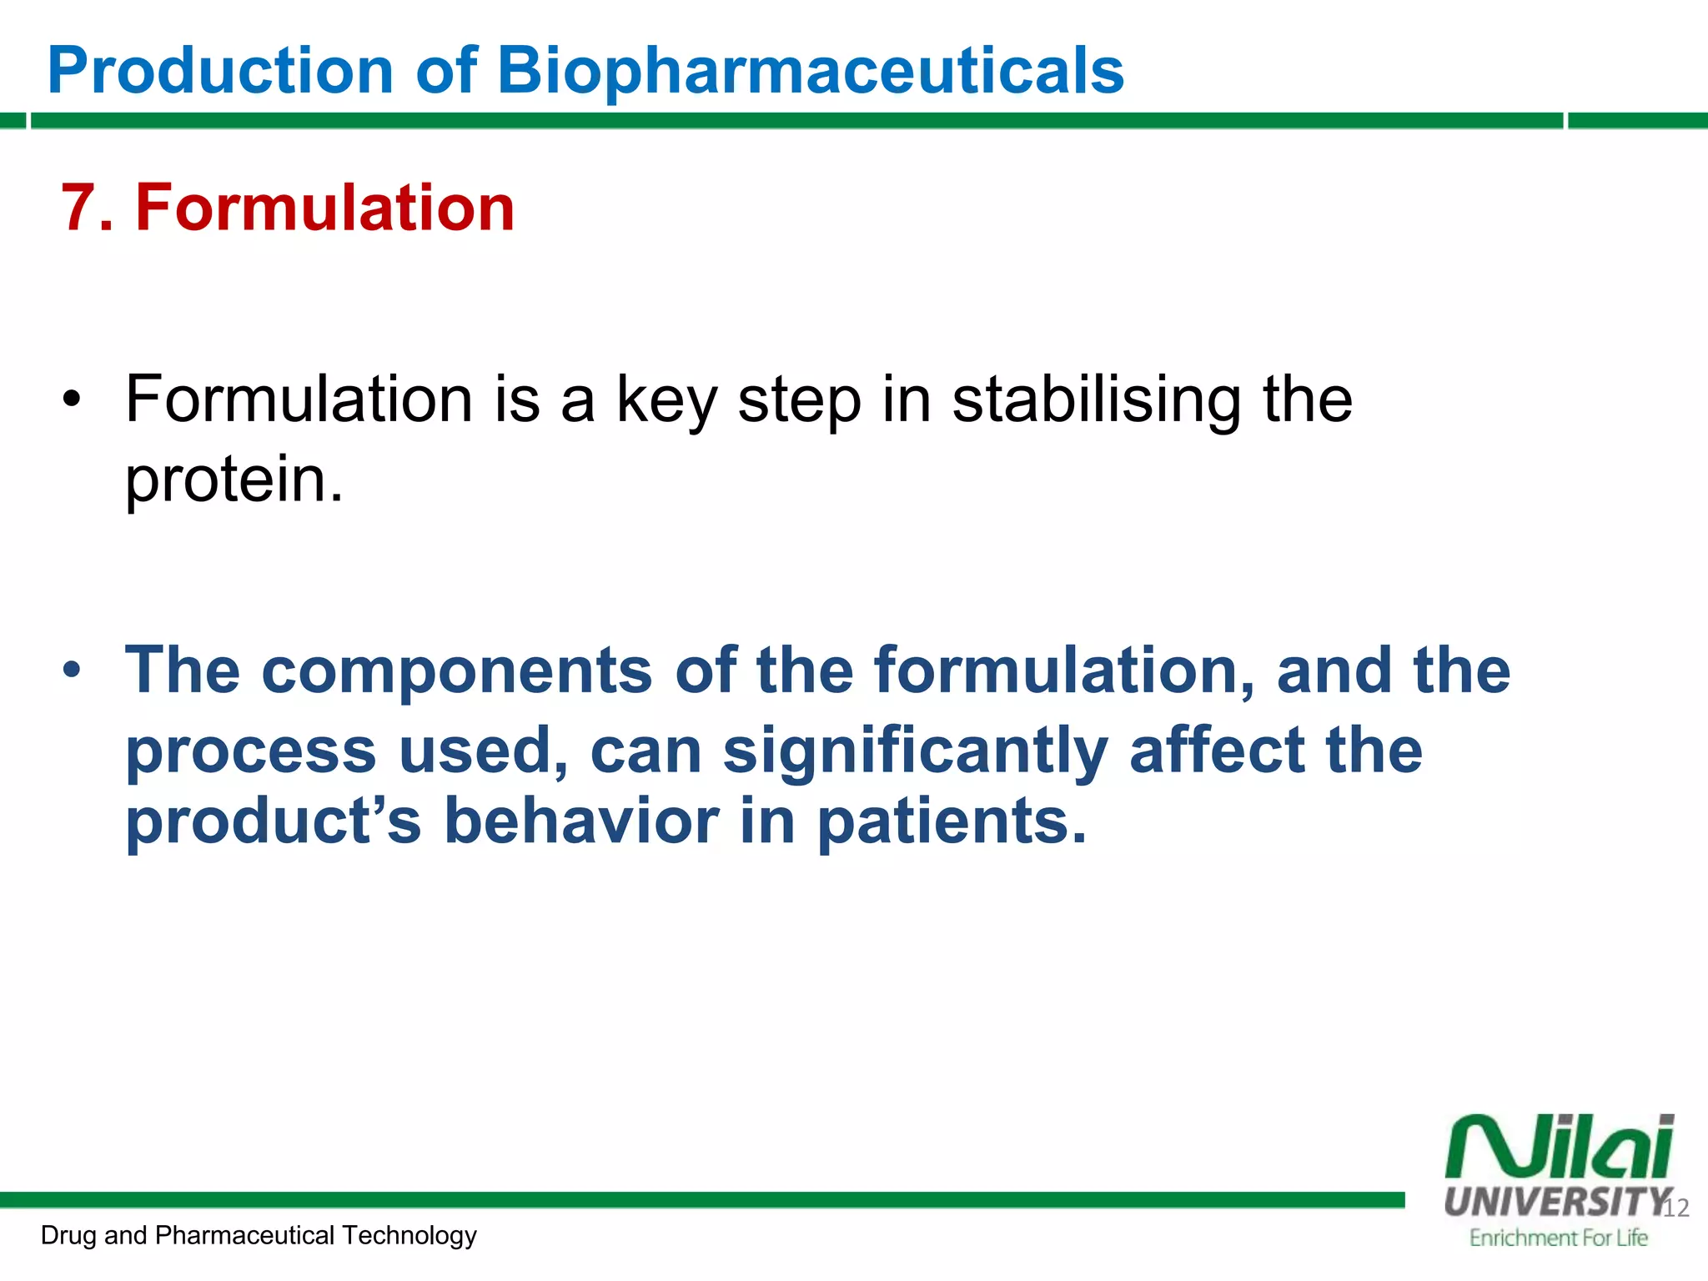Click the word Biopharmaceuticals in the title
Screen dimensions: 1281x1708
810,71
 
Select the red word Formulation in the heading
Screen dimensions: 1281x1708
325,208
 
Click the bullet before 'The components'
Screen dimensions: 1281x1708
73,669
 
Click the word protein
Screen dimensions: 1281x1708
234,480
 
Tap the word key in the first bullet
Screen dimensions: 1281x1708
666,402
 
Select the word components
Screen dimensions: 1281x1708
456,671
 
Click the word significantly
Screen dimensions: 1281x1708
915,751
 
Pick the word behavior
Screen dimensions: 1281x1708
581,821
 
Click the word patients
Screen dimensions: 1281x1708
951,822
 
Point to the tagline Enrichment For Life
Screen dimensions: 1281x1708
1558,1238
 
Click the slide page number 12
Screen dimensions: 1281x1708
1676,1208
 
